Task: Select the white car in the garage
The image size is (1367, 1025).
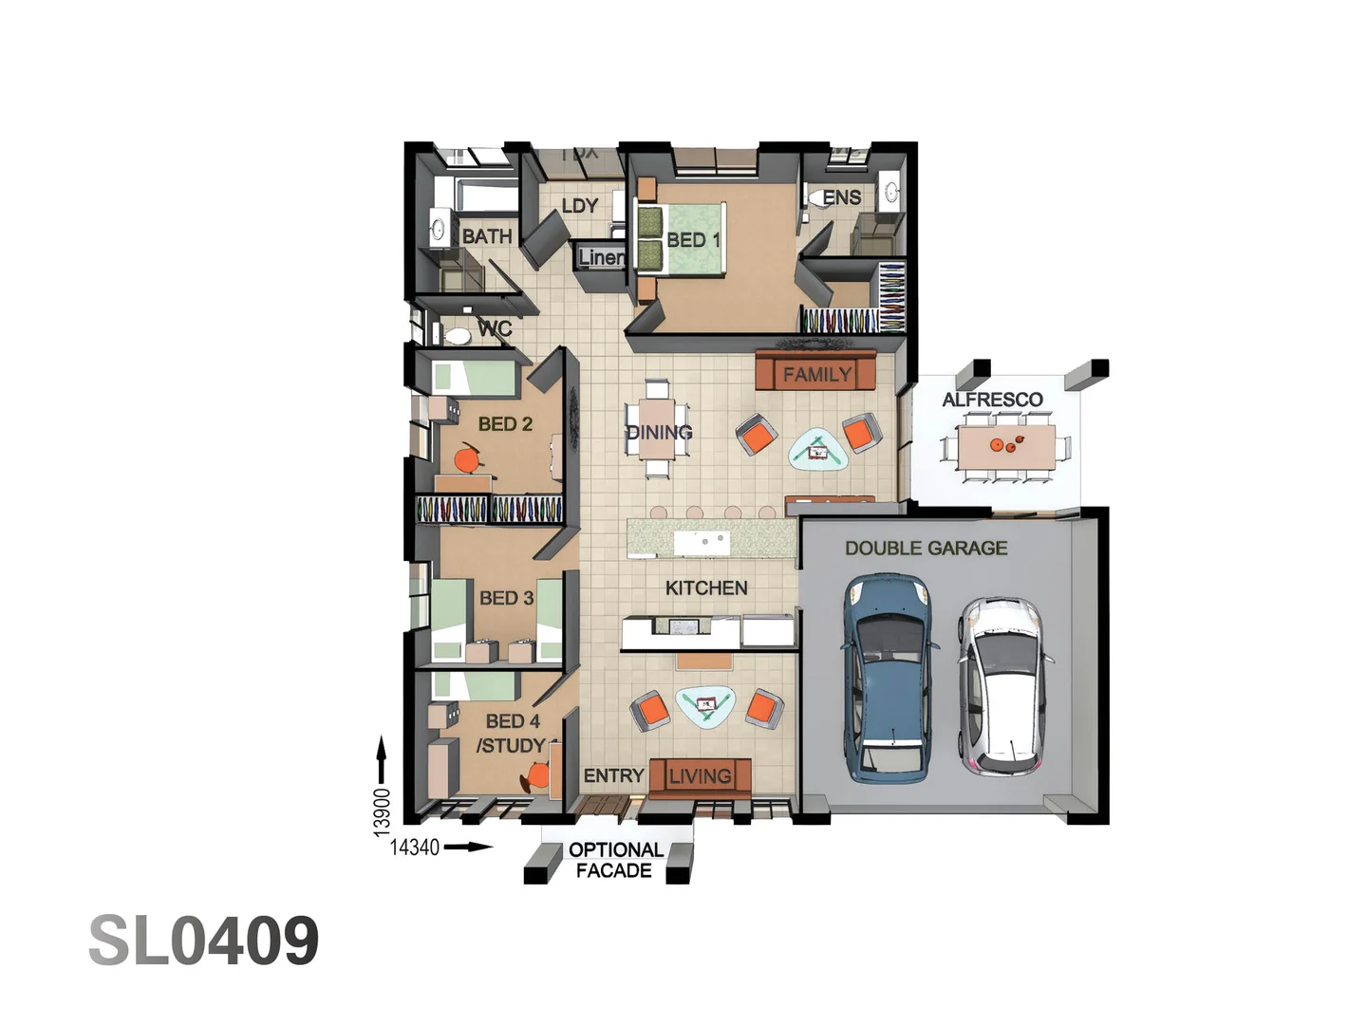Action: pyautogui.click(x=1002, y=685)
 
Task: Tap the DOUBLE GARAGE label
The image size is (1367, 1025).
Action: pyautogui.click(x=926, y=549)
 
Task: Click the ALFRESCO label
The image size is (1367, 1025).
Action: pyautogui.click(x=992, y=400)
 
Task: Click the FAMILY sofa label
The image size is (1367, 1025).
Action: pyautogui.click(x=816, y=375)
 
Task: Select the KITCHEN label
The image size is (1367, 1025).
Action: pyautogui.click(x=706, y=588)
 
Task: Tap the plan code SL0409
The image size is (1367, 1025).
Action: pyautogui.click(x=204, y=941)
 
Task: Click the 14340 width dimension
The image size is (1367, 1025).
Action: pyautogui.click(x=415, y=848)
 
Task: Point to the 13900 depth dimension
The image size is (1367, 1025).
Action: pyautogui.click(x=382, y=812)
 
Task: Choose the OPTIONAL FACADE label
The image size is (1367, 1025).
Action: pyautogui.click(x=614, y=860)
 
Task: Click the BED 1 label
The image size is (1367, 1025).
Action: pyautogui.click(x=693, y=240)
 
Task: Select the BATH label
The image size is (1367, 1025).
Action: pyautogui.click(x=487, y=236)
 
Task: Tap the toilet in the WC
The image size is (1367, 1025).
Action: pyautogui.click(x=459, y=336)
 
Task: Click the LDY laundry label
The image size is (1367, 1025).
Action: pyautogui.click(x=579, y=206)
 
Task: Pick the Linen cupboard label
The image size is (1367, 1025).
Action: pyautogui.click(x=601, y=257)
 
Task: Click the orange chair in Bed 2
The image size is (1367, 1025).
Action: pyautogui.click(x=466, y=460)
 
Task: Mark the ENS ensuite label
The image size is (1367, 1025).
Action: pyautogui.click(x=841, y=197)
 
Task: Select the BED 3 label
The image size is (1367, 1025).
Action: pyautogui.click(x=506, y=598)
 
